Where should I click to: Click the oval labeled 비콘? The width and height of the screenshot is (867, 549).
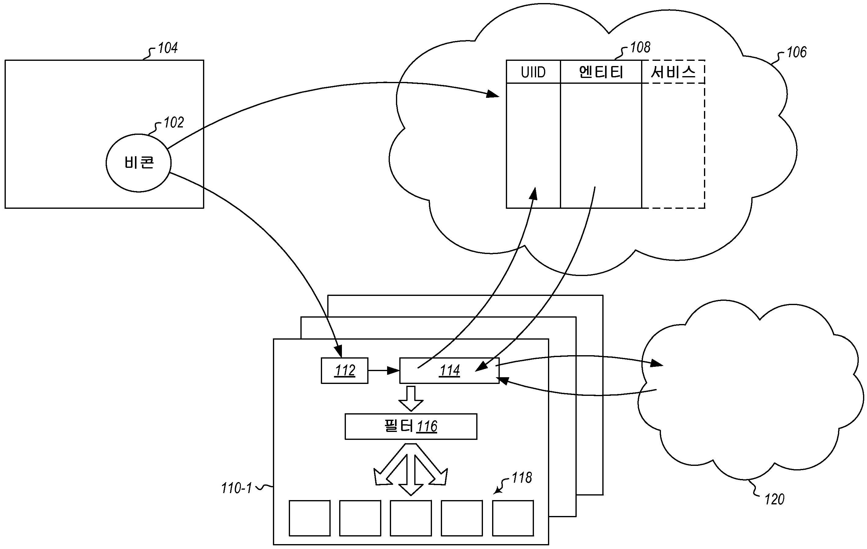[x=138, y=163]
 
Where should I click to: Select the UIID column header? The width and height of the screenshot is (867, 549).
[x=533, y=72]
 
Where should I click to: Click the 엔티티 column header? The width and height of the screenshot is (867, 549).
[x=601, y=72]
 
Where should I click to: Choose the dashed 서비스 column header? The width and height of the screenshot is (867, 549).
[x=673, y=72]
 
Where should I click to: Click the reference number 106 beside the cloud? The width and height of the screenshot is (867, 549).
[x=796, y=53]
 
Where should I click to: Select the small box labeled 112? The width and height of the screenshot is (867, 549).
[x=345, y=370]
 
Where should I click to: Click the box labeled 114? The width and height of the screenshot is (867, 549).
[x=449, y=370]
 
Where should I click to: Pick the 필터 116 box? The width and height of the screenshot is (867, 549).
[x=411, y=426]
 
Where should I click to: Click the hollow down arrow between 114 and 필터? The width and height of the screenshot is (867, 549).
[x=411, y=398]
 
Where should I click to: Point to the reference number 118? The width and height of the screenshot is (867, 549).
[x=521, y=478]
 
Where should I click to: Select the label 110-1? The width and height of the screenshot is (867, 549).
[x=236, y=488]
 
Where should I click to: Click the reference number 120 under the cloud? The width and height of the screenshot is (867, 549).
[x=774, y=499]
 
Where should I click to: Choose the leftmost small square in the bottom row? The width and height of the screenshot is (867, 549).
[x=310, y=518]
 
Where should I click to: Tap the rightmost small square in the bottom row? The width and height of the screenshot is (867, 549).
[x=513, y=518]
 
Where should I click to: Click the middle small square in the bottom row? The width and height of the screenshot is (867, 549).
[x=411, y=518]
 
